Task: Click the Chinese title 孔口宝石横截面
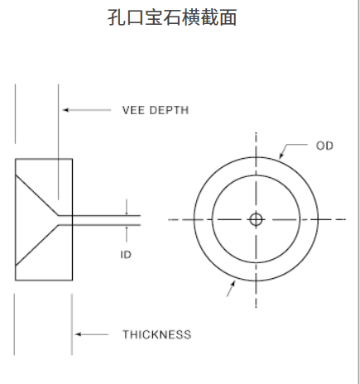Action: click(172, 17)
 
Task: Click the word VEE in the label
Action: click(133, 110)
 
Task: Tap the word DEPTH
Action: click(169, 110)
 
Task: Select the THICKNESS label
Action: click(157, 334)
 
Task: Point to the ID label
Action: click(126, 255)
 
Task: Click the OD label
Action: click(324, 146)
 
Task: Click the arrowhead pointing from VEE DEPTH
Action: click(65, 110)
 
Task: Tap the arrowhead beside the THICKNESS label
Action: click(79, 334)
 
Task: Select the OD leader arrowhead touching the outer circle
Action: click(281, 156)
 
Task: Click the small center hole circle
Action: click(256, 219)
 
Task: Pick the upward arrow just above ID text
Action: click(127, 234)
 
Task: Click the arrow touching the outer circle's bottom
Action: click(231, 289)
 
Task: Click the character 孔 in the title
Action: click(116, 17)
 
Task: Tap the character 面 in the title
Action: click(228, 17)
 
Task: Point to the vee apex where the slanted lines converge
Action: click(59, 220)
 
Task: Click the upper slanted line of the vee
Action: click(36, 195)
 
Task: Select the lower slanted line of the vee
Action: click(36, 246)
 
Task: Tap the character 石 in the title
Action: click(172, 17)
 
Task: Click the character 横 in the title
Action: click(191, 17)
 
